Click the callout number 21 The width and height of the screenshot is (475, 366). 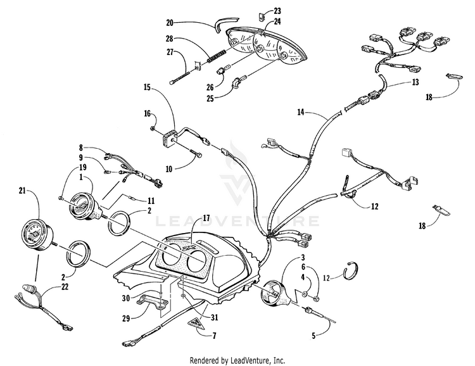(x=22, y=191)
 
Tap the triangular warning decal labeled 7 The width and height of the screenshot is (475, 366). (x=196, y=324)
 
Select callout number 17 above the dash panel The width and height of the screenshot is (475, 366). (x=206, y=218)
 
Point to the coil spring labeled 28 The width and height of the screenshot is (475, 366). (x=217, y=56)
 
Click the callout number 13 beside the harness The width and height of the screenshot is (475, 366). (x=415, y=82)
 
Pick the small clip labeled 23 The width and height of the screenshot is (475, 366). (x=262, y=16)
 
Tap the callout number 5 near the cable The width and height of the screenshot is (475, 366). (x=313, y=336)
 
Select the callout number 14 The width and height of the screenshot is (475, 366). (x=300, y=113)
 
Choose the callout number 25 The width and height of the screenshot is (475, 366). (x=210, y=99)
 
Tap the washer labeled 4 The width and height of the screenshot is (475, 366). (x=305, y=293)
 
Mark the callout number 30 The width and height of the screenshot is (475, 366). (x=126, y=298)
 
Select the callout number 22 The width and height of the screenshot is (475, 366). (x=65, y=286)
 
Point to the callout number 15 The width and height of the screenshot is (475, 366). (x=147, y=87)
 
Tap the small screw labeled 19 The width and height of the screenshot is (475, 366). (x=60, y=198)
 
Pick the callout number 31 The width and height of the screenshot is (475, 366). (x=215, y=317)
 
